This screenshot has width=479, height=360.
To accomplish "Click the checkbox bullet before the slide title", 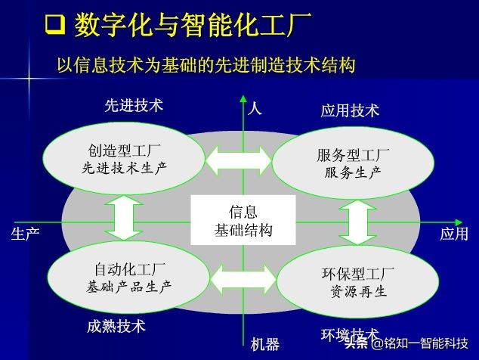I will pos(54,27).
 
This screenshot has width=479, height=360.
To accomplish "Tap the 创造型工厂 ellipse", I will pos(124,158).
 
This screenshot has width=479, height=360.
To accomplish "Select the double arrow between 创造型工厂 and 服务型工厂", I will pos(238,158).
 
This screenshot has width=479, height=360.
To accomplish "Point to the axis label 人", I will pos(255,108).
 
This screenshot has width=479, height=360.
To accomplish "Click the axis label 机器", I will pos(264,344).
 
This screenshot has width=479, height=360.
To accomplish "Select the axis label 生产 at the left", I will pos(25,234).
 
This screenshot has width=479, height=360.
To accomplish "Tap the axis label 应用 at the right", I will pos(453,234).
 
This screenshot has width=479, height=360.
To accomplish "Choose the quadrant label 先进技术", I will pos(134,106).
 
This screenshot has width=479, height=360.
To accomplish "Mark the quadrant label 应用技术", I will pos(350,111).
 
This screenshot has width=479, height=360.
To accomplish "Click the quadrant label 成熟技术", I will pos(116,327).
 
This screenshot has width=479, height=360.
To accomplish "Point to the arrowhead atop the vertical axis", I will pos(243,99).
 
